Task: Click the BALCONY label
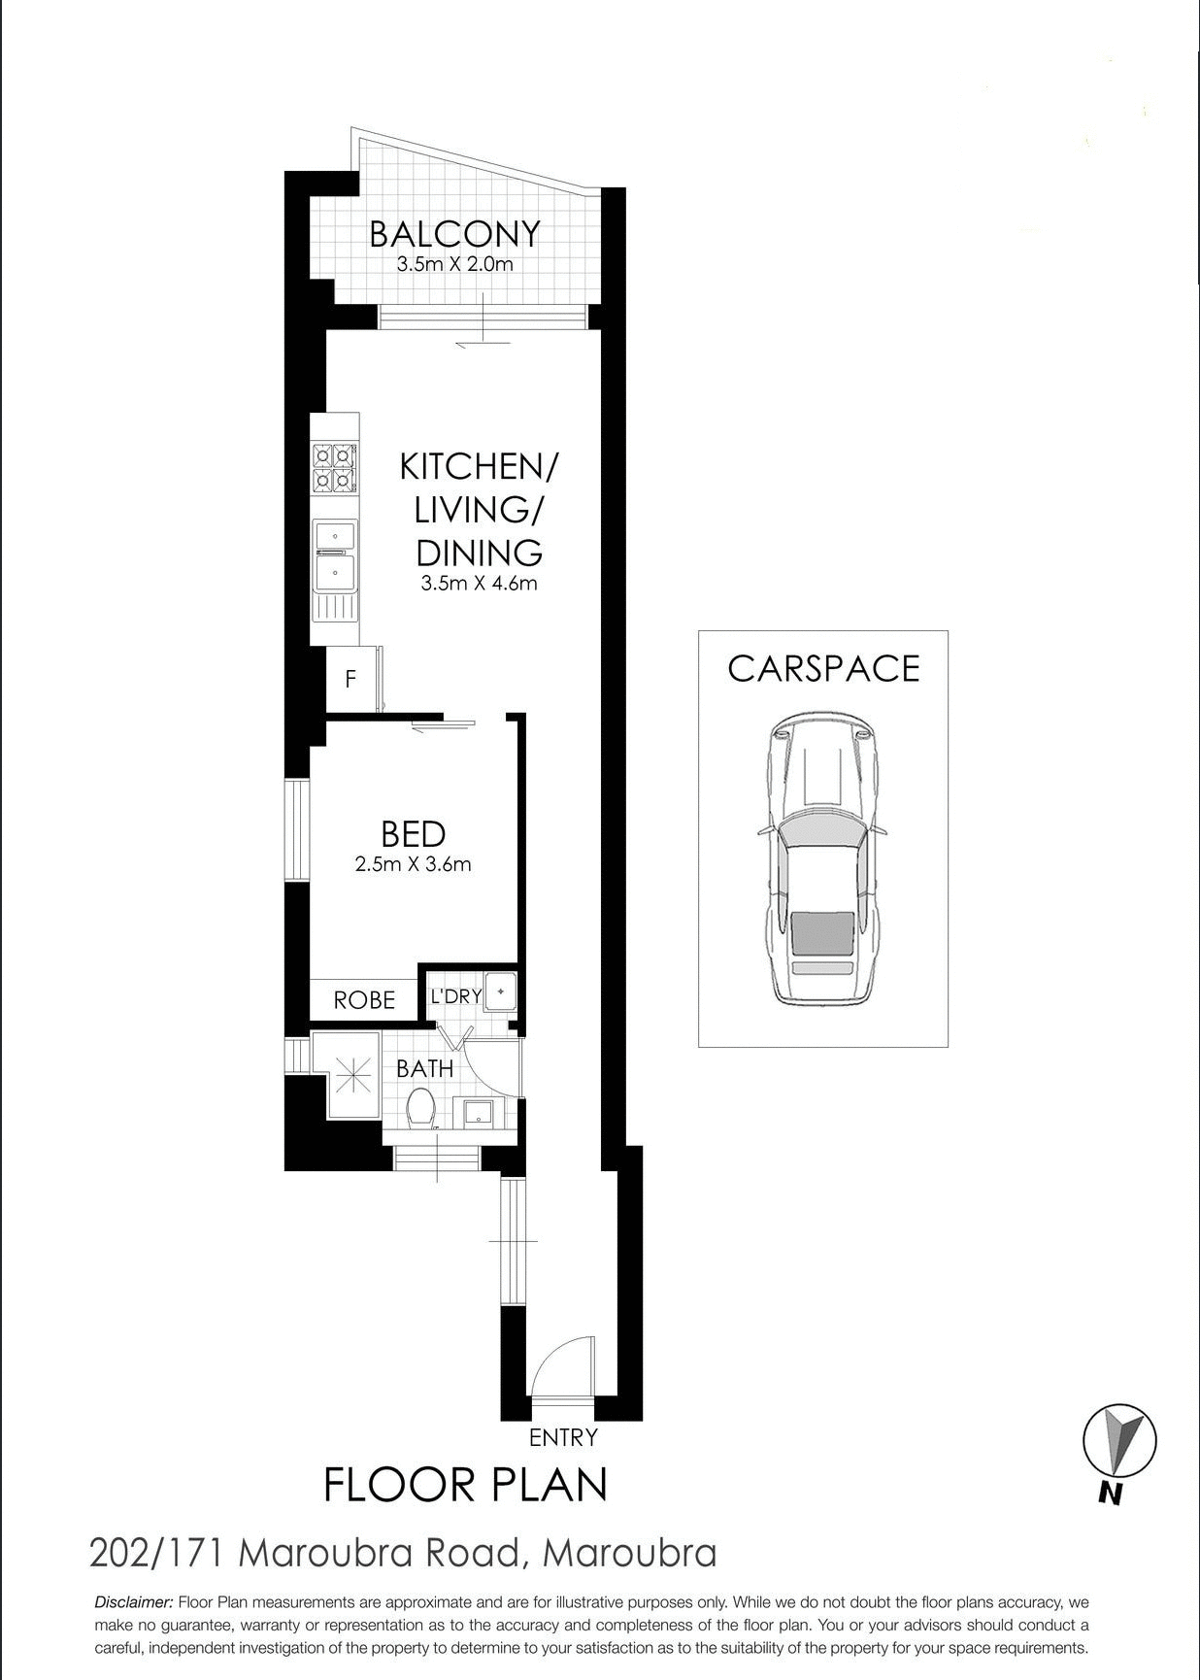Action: (x=454, y=234)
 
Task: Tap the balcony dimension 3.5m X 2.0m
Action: (x=454, y=264)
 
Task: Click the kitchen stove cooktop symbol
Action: (x=334, y=468)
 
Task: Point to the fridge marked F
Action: (x=350, y=679)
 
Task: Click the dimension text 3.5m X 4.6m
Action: (x=479, y=584)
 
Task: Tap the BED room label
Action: (x=414, y=834)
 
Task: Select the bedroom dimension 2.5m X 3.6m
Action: (x=414, y=864)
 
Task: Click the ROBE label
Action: (x=364, y=1000)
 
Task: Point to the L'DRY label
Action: (x=456, y=996)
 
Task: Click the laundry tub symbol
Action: (x=501, y=992)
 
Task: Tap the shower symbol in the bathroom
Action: (x=351, y=1076)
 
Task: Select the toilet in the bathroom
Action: (x=420, y=1107)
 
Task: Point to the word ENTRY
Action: (x=563, y=1437)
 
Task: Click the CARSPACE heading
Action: (x=823, y=668)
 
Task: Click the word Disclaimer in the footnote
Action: (x=134, y=1601)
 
